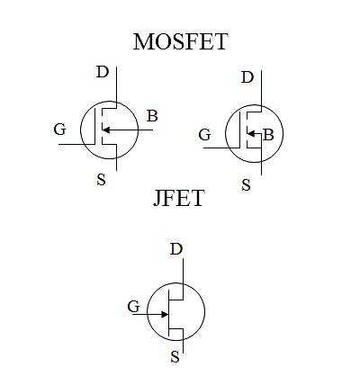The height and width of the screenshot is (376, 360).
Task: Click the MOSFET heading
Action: tap(180, 41)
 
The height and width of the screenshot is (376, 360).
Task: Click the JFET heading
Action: tap(179, 198)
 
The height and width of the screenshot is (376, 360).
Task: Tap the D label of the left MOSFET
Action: tap(102, 72)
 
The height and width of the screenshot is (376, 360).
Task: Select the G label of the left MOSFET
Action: tap(59, 130)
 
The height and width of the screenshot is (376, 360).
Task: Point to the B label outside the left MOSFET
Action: tap(152, 116)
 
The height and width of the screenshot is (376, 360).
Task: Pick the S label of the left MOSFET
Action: tap(102, 180)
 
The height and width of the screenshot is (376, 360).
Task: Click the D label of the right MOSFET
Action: tap(247, 77)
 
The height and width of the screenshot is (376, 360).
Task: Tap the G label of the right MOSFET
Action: tap(204, 135)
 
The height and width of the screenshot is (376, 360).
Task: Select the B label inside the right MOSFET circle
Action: tap(268, 135)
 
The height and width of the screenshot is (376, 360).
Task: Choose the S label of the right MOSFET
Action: tap(246, 185)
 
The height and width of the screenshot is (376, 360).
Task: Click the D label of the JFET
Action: tap(176, 249)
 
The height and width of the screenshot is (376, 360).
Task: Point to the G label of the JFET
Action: tap(133, 307)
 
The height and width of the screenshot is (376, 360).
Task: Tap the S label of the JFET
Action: tap(175, 357)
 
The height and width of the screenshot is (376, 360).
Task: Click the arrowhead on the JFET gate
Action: tap(165, 314)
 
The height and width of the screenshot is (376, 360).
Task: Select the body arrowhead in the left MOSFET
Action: tap(106, 130)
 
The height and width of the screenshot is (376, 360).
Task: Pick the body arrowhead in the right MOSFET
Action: tap(251, 133)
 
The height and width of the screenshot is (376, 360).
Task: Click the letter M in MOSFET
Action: tap(142, 41)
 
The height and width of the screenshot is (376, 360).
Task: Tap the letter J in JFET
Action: tap(157, 199)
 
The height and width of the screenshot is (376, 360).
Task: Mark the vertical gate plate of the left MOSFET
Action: tap(95, 126)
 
